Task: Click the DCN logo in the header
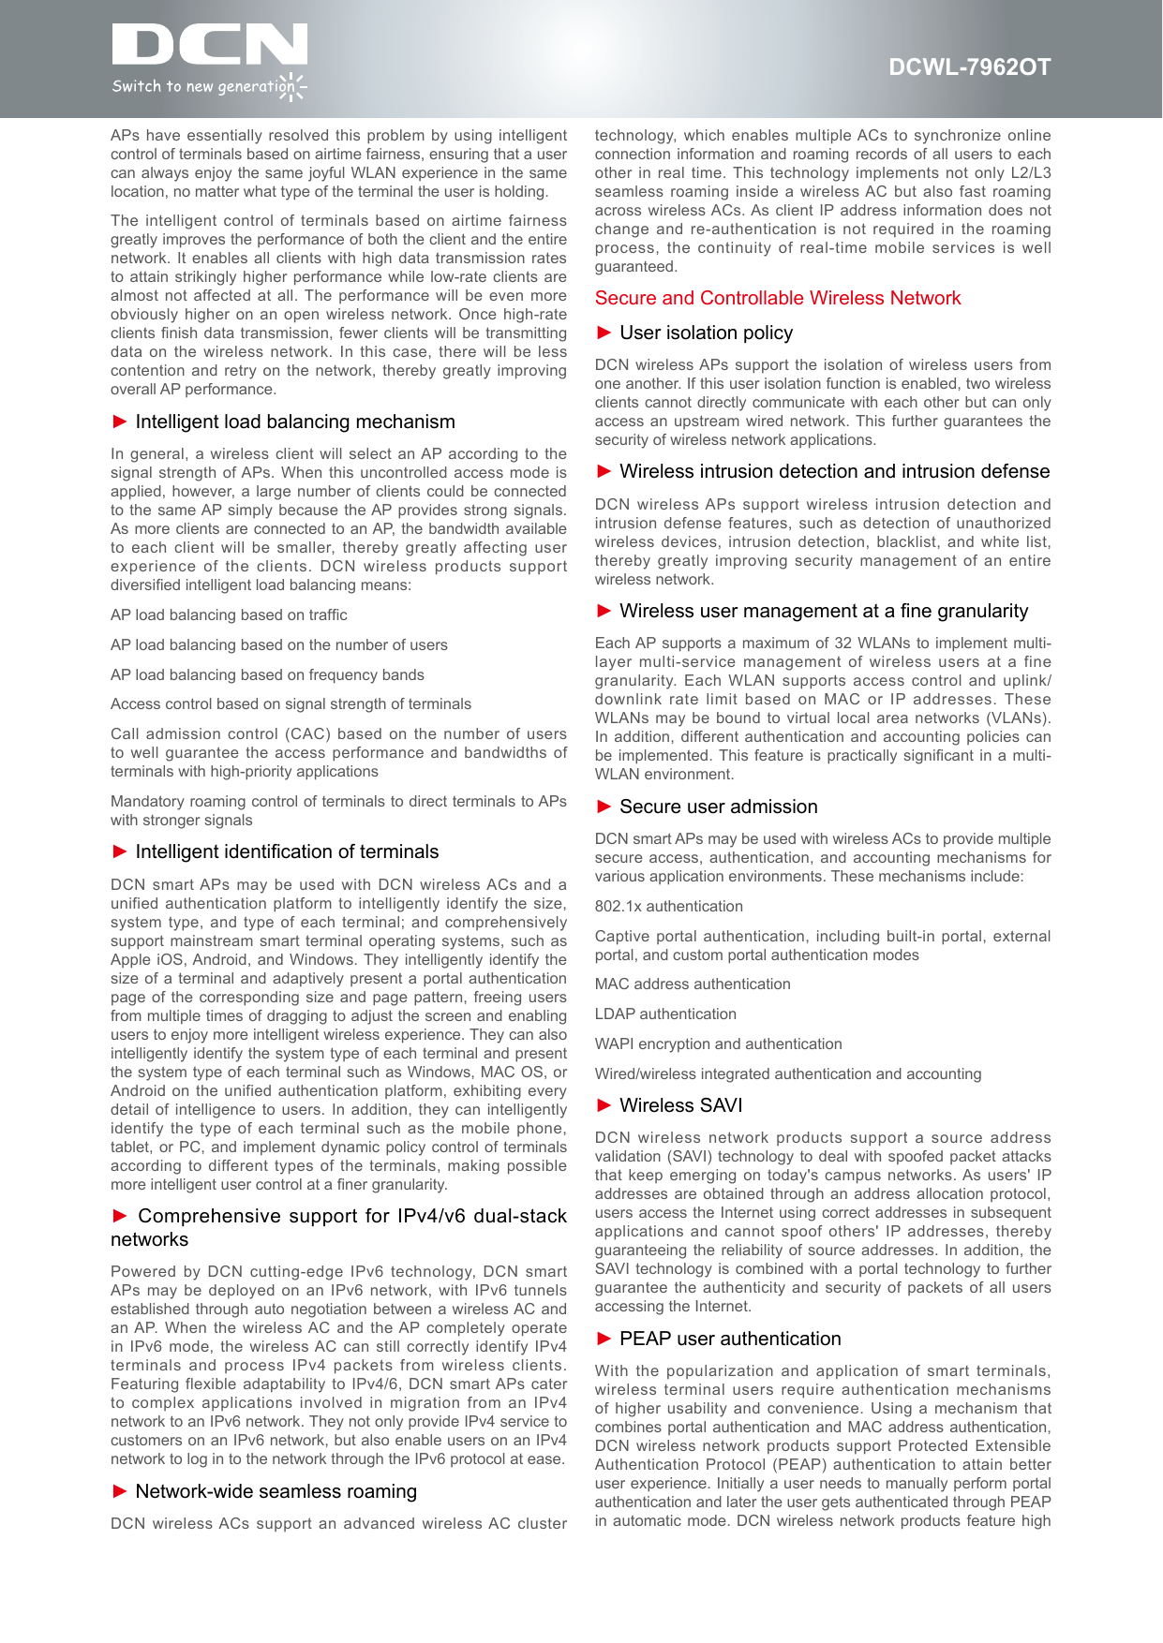pos(209,47)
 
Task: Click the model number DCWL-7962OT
pos(969,67)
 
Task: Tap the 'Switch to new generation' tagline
pos(202,87)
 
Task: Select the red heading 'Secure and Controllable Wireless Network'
pos(778,299)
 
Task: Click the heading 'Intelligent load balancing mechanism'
pos(295,422)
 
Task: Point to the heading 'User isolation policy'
pos(706,333)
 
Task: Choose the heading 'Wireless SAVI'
pos(680,1106)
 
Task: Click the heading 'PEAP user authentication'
pos(730,1340)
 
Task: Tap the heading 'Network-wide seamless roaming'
pos(276,1492)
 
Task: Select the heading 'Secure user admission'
pos(718,807)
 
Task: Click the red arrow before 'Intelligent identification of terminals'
pos(120,851)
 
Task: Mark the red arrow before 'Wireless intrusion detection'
pos(604,471)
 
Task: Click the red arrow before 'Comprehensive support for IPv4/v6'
pos(120,1216)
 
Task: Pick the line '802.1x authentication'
pos(669,907)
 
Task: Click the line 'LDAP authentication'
pos(665,1014)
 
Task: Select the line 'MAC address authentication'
pos(693,984)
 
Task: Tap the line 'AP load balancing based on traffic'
pos(229,615)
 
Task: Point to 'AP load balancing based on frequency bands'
pos(267,675)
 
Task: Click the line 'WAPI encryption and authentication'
pos(718,1044)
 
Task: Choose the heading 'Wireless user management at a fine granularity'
pos(824,612)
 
